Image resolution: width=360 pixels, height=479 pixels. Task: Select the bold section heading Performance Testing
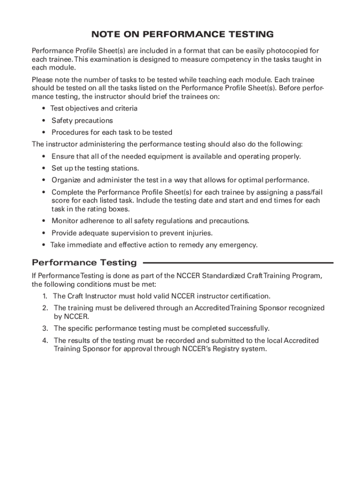84,262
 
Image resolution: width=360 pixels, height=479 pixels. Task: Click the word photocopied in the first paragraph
286,51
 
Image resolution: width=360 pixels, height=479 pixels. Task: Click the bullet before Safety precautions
43,121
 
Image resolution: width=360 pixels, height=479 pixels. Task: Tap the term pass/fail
307,192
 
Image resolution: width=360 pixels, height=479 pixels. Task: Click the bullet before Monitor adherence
43,221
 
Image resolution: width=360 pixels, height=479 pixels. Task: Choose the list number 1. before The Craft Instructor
45,296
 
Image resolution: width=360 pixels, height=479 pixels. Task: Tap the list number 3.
45,328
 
